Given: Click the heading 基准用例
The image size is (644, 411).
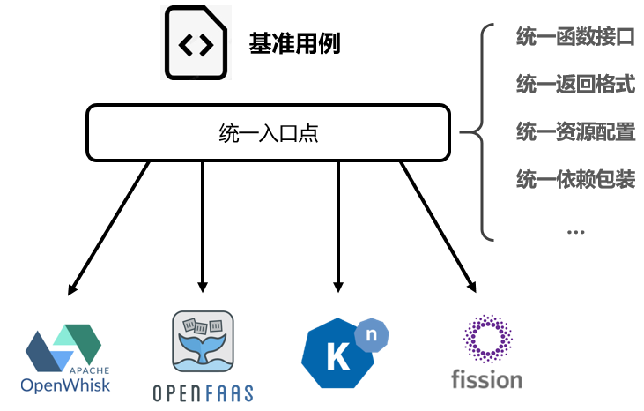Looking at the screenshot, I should point(294,44).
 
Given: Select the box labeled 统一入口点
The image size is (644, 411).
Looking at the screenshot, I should point(268,133).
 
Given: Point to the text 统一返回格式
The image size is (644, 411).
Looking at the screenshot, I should point(574,85).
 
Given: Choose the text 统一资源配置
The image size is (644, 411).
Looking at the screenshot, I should point(574,132).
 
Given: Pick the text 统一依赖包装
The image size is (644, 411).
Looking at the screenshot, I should point(574,180).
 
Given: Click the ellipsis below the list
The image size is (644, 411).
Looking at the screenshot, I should point(575,231).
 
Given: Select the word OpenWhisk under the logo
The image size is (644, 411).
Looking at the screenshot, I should point(66,385).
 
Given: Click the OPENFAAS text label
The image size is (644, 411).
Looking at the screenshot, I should point(204,392).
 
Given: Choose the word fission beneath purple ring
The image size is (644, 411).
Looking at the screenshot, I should point(486,379).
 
